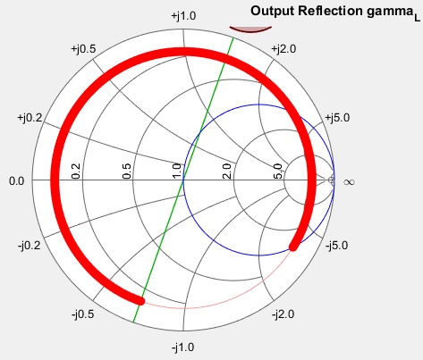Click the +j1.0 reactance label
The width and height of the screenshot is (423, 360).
click(183, 16)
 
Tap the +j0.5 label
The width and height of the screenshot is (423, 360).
click(83, 49)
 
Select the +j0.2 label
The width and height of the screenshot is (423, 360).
click(30, 118)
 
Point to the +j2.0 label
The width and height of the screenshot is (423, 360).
click(283, 49)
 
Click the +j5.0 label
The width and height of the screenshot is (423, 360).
click(337, 118)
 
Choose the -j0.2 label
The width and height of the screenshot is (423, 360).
click(30, 246)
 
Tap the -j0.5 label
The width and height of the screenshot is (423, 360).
click(83, 314)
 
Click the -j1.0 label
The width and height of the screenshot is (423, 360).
click(183, 347)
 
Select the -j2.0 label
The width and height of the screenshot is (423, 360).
click(283, 314)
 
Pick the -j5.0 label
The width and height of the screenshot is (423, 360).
click(337, 246)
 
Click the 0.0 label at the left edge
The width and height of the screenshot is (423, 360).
click(17, 180)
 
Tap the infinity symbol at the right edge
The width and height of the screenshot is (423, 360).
click(349, 181)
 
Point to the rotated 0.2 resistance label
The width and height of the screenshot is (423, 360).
click(76, 171)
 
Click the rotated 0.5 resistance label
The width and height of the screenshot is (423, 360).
click(127, 171)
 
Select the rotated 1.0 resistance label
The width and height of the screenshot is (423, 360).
click(177, 171)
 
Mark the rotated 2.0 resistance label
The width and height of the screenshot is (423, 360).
click(227, 171)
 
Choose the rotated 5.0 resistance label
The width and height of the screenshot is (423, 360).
click(277, 171)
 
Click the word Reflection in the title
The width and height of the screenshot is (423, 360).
click(330, 12)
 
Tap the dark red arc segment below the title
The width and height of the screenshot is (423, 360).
click(250, 31)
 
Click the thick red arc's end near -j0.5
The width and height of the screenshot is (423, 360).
click(141, 301)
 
